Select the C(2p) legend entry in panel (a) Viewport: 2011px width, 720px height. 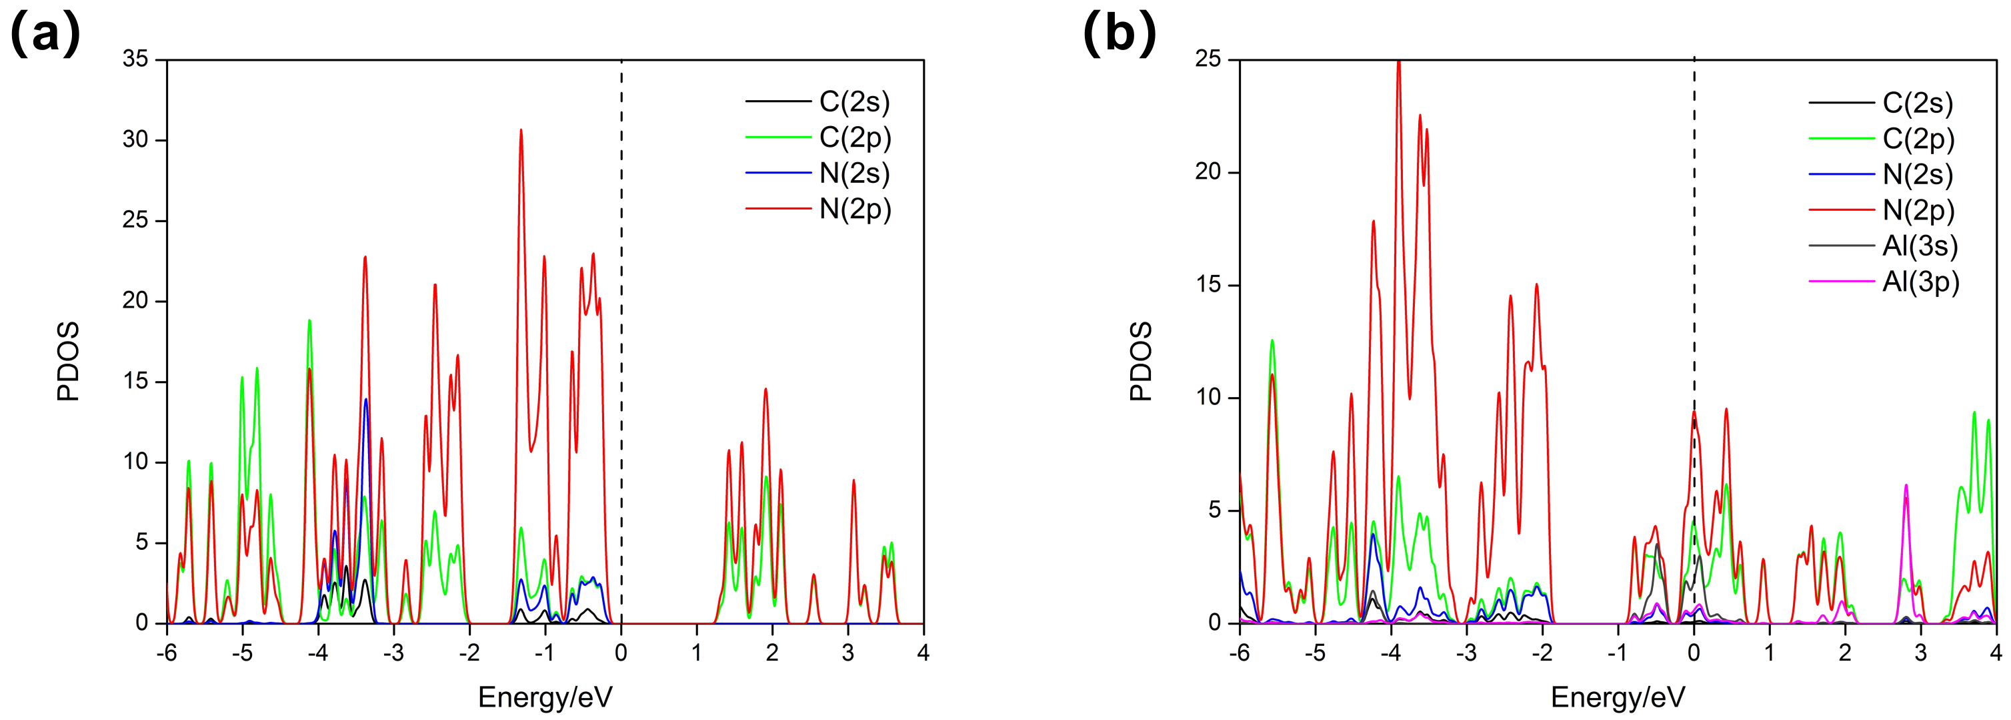click(855, 137)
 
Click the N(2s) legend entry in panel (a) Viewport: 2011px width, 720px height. click(854, 173)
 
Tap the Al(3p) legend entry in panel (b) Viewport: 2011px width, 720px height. click(1920, 282)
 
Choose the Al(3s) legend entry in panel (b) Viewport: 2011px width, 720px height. click(1920, 246)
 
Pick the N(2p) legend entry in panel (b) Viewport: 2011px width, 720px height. click(1918, 210)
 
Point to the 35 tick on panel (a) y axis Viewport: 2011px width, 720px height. click(135, 59)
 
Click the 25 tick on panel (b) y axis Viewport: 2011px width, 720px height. click(1208, 59)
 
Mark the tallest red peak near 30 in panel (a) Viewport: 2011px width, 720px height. click(521, 131)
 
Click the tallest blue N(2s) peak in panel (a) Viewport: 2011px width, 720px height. click(365, 400)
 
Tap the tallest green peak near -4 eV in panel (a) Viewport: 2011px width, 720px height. click(309, 321)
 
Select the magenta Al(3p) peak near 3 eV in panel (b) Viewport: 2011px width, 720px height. click(1906, 486)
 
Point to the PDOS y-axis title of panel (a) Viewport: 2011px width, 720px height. click(69, 361)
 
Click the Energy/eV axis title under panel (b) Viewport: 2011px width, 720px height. click(1618, 697)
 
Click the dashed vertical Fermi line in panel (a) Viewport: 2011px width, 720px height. click(621, 312)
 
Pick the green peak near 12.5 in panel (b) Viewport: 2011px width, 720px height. click(1272, 341)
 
